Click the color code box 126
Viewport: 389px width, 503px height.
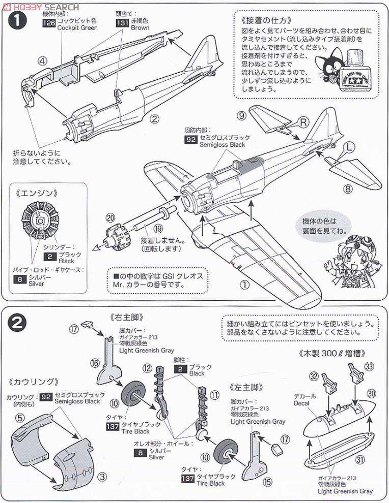point(49,21)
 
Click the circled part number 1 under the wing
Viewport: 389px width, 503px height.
point(245,285)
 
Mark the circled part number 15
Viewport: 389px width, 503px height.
point(268,481)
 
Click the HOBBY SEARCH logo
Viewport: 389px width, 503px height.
point(41,7)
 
